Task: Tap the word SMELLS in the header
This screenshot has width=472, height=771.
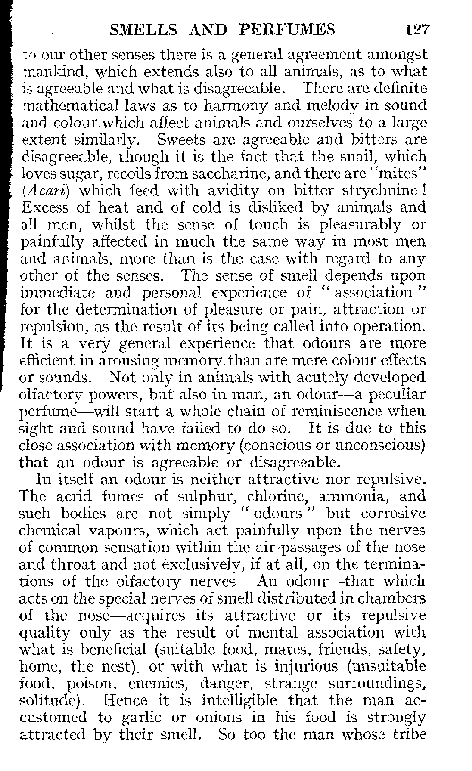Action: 137,30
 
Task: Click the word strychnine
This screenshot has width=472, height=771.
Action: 378,191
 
